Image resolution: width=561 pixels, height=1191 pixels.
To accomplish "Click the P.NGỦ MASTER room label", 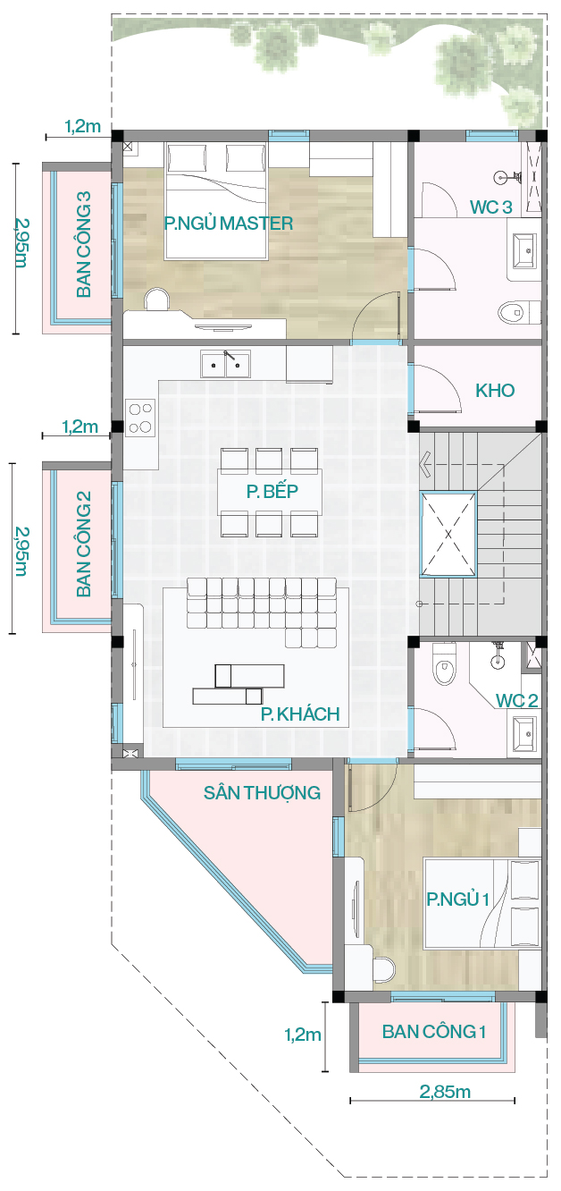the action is pos(229,224).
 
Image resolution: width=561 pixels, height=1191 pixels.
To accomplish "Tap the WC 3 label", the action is pos(491,207).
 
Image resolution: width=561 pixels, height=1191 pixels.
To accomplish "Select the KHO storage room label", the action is pos(495,391).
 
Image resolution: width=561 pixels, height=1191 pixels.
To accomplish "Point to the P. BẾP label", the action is pos(272,491).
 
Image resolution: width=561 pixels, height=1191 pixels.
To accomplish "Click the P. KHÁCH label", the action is pos(300,714).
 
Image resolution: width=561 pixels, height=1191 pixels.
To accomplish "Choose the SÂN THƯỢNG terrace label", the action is pos(262,793).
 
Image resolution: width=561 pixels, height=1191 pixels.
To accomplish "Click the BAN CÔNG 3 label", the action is pos(84,244).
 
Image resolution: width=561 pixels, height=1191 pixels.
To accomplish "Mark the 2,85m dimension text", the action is pos(445,1092).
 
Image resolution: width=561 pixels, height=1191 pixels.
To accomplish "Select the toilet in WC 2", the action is pos(444,664).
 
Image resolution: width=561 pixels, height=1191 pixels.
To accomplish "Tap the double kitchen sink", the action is pos(226,364).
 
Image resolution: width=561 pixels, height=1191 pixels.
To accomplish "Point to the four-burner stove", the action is pos(140,418).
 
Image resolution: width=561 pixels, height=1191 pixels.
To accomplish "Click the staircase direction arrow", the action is pos(425,464).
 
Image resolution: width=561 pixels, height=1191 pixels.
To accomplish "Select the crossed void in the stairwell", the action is pos(448,535).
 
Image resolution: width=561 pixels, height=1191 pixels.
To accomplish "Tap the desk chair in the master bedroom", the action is pos(156,299).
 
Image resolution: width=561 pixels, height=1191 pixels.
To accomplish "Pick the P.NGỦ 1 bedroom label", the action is pos(458,900).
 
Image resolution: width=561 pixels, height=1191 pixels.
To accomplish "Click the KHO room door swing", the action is pos(437,387).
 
